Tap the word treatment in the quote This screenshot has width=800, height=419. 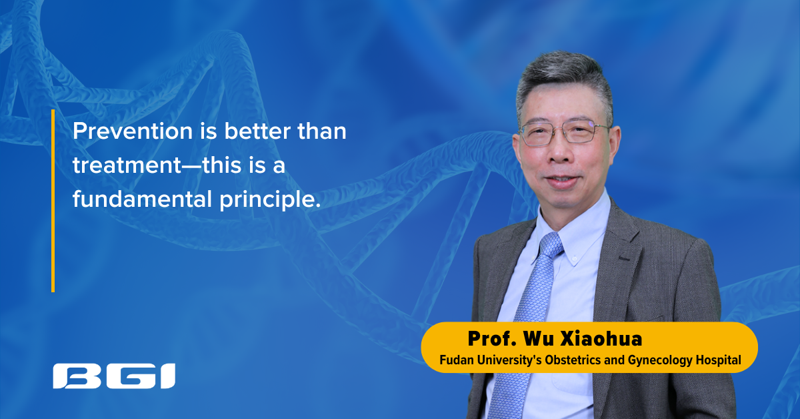coord(126,165)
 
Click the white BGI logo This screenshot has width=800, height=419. coord(114,377)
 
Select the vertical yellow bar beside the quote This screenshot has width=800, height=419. coord(53,200)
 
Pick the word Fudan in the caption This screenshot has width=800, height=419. coord(453,360)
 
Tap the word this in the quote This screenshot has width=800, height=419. coord(217,165)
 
